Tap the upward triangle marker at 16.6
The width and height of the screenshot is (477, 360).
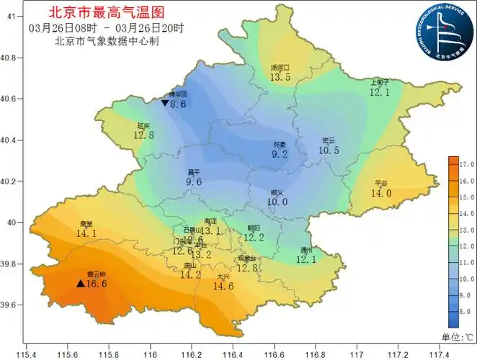[x=81, y=284]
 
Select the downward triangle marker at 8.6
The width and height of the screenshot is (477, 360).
[x=165, y=104]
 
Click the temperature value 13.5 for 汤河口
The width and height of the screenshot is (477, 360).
[x=280, y=77]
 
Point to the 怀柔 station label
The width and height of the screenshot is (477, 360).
[x=280, y=144]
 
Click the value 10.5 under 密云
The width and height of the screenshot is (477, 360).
[x=329, y=150]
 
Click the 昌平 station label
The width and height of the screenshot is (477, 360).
[x=193, y=172]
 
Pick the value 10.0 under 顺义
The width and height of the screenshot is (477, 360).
[x=277, y=202]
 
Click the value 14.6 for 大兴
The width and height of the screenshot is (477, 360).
[x=223, y=286]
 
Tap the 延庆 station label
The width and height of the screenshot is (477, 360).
[x=143, y=125]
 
